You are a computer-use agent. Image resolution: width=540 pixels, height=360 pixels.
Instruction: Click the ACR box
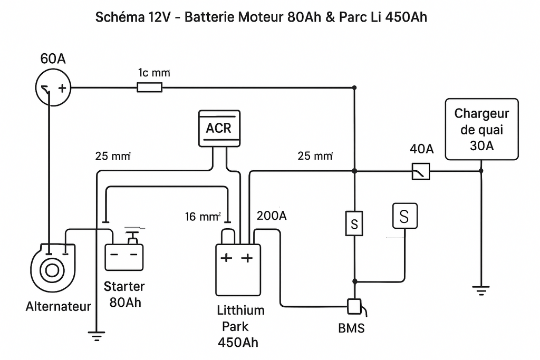click(219, 128)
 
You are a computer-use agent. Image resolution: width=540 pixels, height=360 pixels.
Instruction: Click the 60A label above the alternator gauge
click(53, 59)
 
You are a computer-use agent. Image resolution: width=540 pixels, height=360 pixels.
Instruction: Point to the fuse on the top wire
click(150, 87)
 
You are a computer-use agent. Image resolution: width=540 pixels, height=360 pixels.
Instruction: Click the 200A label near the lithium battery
click(272, 216)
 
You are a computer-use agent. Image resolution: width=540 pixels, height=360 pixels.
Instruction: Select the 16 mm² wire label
click(202, 216)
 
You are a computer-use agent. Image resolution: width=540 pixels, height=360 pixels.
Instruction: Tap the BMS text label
click(351, 328)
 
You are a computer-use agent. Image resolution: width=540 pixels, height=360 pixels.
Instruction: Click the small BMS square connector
click(354, 306)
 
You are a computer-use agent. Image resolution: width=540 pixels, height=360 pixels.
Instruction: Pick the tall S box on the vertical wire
click(354, 224)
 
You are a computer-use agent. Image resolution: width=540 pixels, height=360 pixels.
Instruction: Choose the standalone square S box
click(404, 216)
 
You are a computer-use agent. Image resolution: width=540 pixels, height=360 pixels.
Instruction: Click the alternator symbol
click(51, 269)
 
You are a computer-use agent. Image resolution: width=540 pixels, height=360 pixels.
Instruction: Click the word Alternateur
click(58, 306)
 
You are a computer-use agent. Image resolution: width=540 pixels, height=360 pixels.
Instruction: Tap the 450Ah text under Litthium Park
click(238, 343)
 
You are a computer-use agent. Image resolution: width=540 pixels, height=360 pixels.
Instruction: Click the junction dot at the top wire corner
click(354, 87)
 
